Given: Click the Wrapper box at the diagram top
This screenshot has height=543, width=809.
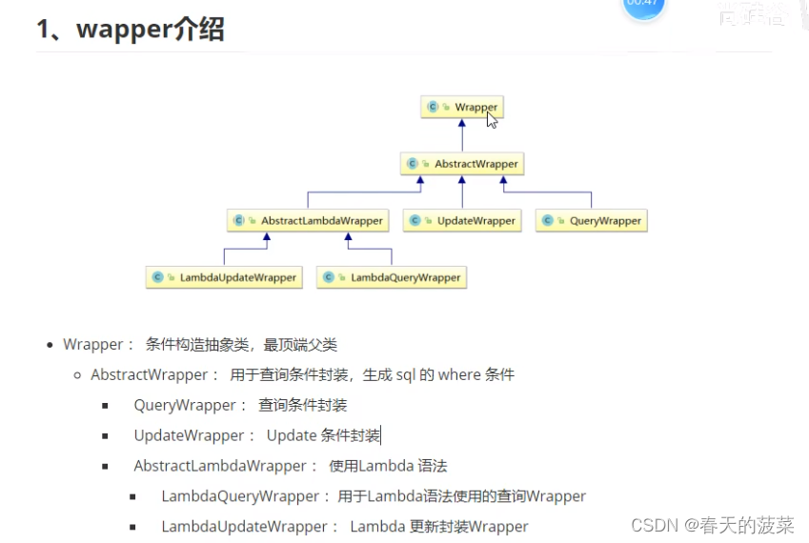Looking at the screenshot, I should [462, 107].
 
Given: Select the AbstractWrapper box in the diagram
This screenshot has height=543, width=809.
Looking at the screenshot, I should [462, 164].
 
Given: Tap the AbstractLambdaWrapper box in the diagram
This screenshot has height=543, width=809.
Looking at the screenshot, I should [309, 221].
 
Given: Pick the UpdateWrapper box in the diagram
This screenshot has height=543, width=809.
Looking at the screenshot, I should [462, 221].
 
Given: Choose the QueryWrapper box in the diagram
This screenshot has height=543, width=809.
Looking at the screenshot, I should [592, 221].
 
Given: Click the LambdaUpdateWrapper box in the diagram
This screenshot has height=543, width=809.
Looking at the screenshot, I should [225, 277].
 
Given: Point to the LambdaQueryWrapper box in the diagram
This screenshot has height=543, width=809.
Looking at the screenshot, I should [392, 277].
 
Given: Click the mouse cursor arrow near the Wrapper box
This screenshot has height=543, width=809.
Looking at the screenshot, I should [492, 119].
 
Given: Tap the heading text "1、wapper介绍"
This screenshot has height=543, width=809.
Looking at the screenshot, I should [131, 30].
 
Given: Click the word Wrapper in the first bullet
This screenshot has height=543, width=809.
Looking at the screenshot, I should [93, 345].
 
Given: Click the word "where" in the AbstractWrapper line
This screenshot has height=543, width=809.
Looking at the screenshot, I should [458, 375].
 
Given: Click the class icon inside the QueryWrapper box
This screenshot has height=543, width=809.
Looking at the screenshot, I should [548, 221].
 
